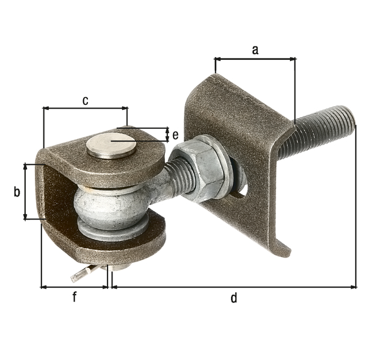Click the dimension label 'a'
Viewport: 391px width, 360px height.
point(255,50)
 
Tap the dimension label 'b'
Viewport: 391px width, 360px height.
point(16,192)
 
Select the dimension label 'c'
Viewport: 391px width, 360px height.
point(86,101)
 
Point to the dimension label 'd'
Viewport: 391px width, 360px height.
point(233,298)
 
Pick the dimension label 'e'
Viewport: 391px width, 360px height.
point(175,135)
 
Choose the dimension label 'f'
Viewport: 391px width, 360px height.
point(75,297)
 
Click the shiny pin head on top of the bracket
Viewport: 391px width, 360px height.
point(111,146)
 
